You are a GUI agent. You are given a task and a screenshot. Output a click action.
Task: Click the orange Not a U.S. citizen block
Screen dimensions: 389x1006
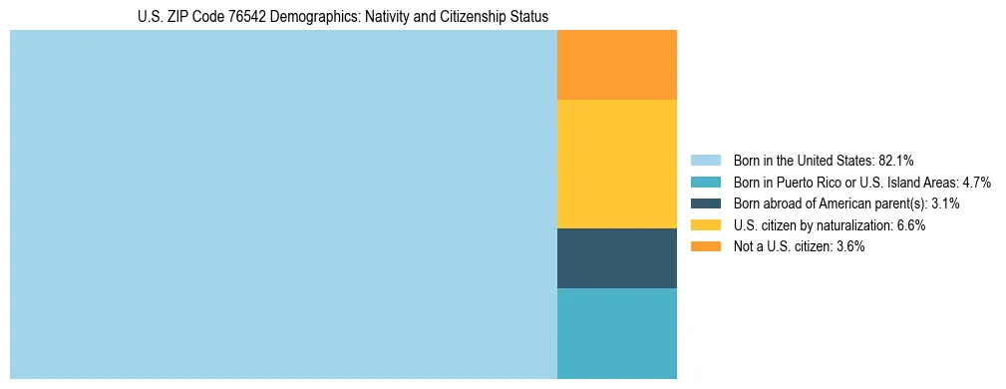(616, 65)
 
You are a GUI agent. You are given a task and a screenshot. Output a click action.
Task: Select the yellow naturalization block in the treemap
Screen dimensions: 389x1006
(616, 164)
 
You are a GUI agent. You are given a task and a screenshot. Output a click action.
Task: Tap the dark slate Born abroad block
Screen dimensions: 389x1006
(616, 257)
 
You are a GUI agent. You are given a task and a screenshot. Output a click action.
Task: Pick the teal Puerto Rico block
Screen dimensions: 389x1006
(616, 333)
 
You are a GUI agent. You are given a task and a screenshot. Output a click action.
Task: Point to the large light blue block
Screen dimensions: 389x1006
(283, 204)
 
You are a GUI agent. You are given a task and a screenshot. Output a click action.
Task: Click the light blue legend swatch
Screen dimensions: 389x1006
(706, 160)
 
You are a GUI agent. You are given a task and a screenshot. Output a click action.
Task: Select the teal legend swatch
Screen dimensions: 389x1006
(706, 182)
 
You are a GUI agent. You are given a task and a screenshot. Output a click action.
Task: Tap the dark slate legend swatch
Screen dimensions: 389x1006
(706, 203)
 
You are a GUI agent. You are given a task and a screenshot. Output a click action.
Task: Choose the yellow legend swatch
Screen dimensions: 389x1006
(706, 225)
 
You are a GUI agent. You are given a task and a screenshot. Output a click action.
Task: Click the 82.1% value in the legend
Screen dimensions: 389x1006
(896, 160)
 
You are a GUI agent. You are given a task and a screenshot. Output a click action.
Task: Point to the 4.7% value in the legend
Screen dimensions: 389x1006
(975, 182)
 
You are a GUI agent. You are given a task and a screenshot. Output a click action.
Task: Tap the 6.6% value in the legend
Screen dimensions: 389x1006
(910, 225)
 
